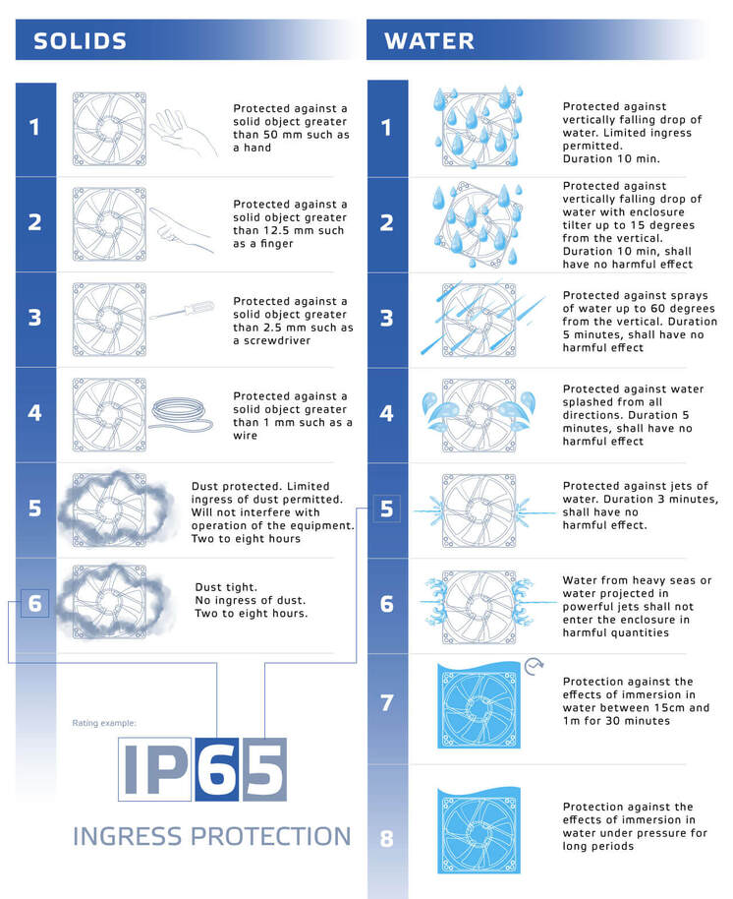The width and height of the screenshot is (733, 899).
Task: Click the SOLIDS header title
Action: point(80,41)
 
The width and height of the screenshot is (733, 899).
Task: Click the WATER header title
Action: point(429,41)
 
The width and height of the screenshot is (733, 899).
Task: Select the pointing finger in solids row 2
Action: point(183,230)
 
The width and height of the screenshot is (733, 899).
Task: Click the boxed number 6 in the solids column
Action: point(35,603)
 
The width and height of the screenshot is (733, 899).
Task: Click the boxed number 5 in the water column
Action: point(386,509)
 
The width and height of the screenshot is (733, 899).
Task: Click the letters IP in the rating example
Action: point(155,768)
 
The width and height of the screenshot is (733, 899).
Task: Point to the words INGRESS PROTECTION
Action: point(211,837)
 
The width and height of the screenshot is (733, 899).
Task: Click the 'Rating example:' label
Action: point(104,723)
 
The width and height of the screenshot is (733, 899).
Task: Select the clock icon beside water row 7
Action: point(535,666)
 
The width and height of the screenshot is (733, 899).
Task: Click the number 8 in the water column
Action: point(386,839)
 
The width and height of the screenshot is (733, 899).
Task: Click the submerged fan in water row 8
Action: point(478,831)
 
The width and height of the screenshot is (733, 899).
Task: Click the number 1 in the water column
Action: point(386,128)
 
